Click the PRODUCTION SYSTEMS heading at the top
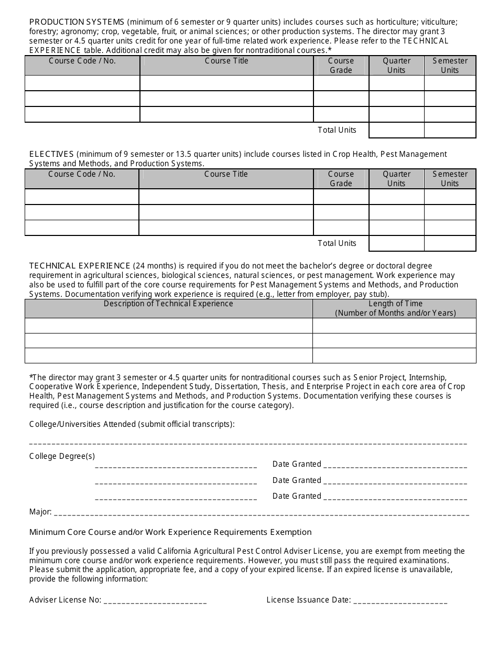point(77,22)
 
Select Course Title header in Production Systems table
point(226,61)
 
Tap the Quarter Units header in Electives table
point(396,179)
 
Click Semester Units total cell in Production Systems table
point(450,130)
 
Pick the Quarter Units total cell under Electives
point(396,243)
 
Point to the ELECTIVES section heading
point(51,154)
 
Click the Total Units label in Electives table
point(337,243)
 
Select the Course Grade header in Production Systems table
point(341,66)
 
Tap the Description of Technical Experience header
point(168,304)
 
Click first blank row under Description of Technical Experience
point(168,326)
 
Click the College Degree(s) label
point(62,456)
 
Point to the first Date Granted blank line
point(395,466)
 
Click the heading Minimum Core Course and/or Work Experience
point(170,532)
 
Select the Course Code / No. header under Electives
point(82,174)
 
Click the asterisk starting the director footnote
point(31,377)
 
